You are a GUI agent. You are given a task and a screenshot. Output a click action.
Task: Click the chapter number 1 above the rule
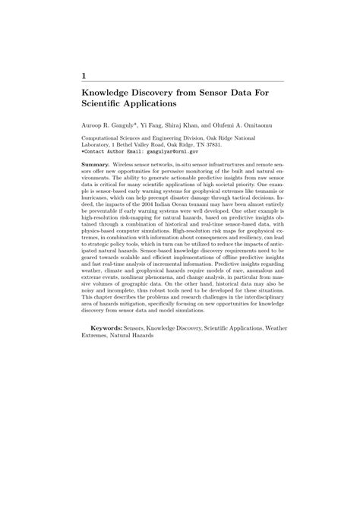click(84, 75)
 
